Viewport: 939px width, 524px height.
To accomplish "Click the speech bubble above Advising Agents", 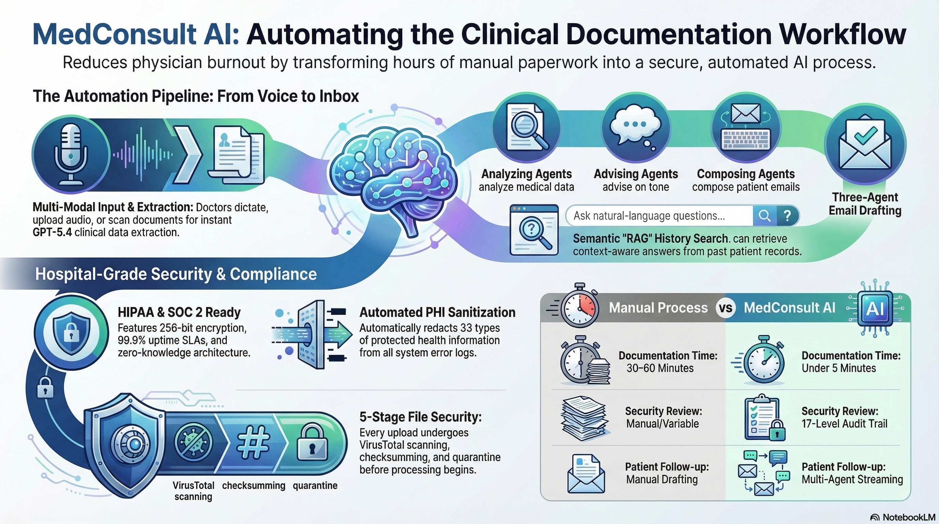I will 635,128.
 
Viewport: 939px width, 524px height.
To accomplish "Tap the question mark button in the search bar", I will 788,216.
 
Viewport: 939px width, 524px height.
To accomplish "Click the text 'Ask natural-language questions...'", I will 649,216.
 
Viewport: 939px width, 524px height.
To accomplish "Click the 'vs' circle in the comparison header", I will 725,308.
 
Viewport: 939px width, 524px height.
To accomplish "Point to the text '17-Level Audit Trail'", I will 844,424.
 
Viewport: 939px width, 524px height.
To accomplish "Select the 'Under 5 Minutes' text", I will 838,368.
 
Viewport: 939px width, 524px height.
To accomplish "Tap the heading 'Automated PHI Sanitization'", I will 437,312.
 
